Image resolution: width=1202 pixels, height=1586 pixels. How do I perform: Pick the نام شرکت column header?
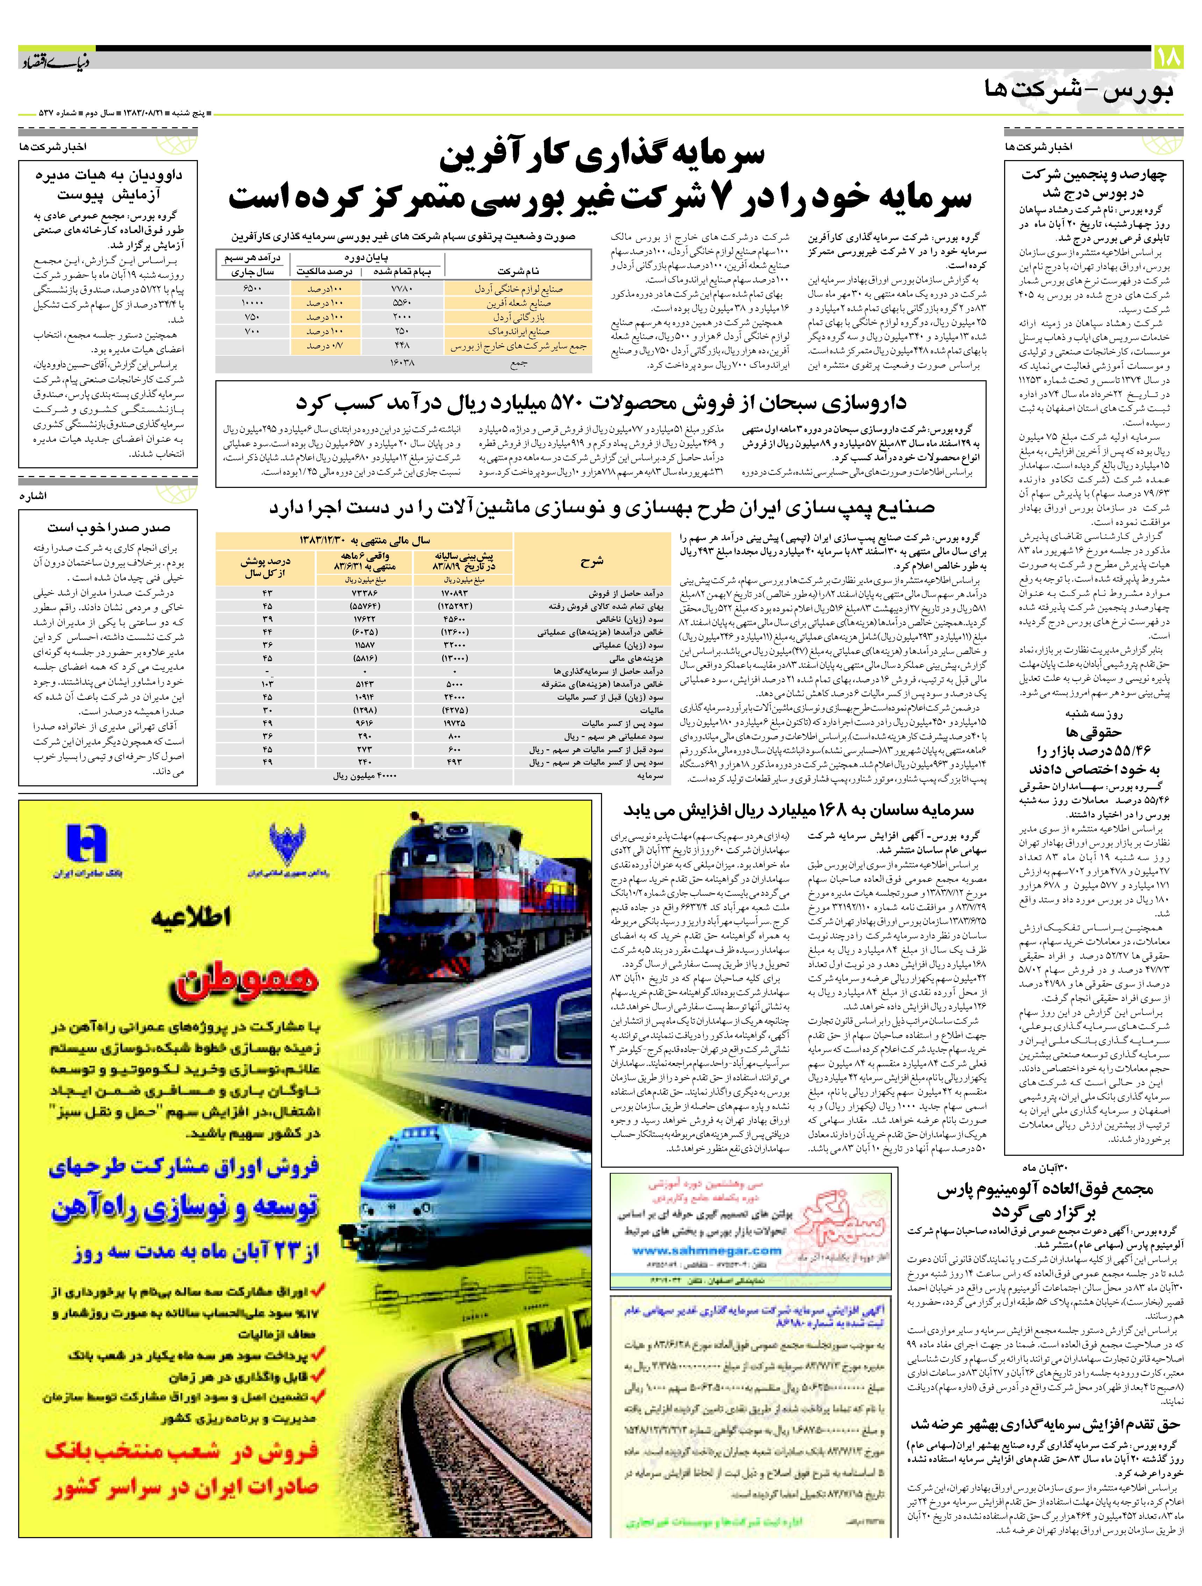[518, 271]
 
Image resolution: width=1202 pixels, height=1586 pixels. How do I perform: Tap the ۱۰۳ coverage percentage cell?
[267, 684]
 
